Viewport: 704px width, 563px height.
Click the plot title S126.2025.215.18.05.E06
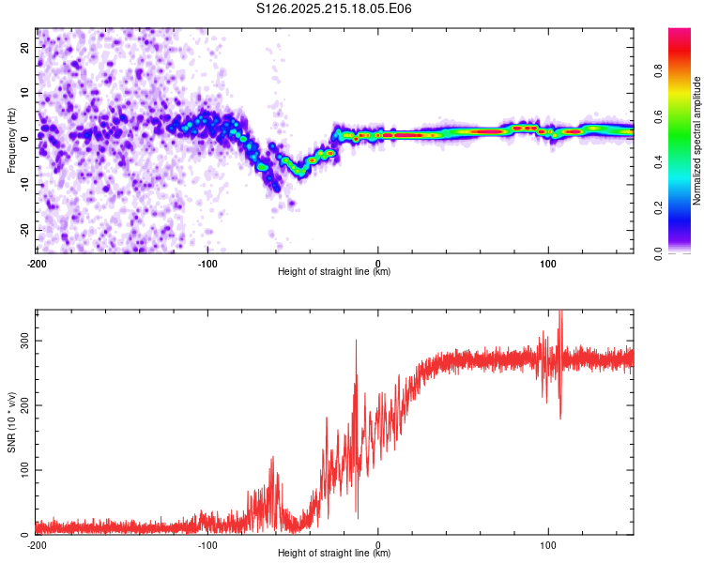(333, 8)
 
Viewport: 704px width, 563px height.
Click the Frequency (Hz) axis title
(11, 141)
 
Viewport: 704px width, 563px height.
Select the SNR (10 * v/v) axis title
(11, 422)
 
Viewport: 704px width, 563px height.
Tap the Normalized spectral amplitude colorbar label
(696, 141)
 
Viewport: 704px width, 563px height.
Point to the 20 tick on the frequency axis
(25, 47)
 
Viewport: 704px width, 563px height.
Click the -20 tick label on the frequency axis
(25, 230)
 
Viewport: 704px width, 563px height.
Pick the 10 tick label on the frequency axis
(25, 93)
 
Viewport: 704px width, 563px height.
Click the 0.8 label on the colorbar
(658, 71)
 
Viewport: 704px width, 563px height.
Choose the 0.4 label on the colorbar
(658, 162)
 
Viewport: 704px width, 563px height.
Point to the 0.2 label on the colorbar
(658, 208)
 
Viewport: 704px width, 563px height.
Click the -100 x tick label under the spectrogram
(207, 264)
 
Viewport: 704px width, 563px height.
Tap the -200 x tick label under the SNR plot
(37, 545)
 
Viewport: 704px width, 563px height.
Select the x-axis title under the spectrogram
(334, 271)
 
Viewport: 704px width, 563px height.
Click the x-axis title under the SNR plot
(334, 553)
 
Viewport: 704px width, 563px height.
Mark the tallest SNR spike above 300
(559, 312)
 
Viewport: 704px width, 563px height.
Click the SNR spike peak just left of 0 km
(356, 341)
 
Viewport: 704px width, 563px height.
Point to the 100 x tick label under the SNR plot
(548, 545)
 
